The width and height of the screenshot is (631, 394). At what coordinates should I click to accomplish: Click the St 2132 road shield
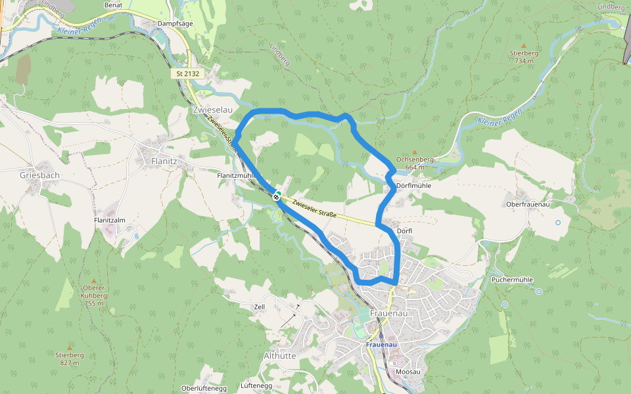(188, 74)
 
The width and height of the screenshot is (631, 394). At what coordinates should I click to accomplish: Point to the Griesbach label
(39, 175)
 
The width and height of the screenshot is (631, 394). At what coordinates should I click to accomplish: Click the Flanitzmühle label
(236, 176)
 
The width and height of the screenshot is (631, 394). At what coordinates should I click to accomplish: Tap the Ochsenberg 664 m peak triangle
(415, 152)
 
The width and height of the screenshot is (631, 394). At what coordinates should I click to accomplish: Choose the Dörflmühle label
(414, 186)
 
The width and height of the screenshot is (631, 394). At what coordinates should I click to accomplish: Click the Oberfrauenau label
(527, 204)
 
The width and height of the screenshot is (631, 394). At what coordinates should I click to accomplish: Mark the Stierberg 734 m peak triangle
(524, 45)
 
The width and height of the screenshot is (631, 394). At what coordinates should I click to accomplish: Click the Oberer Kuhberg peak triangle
(94, 280)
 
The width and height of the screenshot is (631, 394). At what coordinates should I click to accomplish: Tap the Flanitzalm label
(110, 221)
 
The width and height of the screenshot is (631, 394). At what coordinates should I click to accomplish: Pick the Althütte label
(279, 355)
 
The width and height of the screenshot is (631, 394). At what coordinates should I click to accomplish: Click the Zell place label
(259, 307)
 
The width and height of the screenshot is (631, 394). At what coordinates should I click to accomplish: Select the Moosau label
(408, 372)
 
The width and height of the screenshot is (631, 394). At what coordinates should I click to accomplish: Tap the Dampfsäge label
(175, 23)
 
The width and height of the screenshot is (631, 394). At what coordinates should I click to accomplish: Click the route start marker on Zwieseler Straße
(277, 195)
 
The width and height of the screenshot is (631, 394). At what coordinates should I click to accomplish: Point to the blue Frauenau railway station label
(381, 344)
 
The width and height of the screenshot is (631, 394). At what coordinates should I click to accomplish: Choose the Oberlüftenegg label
(204, 388)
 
